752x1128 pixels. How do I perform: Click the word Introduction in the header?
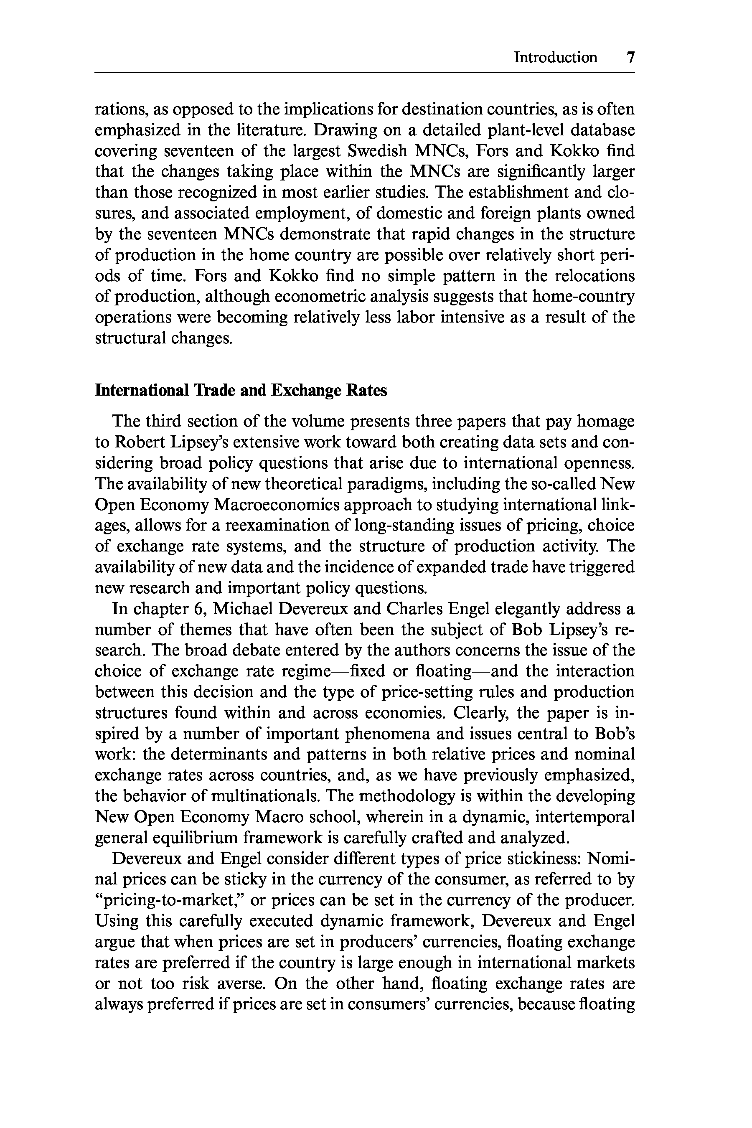click(x=555, y=58)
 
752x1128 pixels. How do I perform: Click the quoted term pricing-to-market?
click(x=169, y=900)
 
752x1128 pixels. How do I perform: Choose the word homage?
click(x=605, y=422)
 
